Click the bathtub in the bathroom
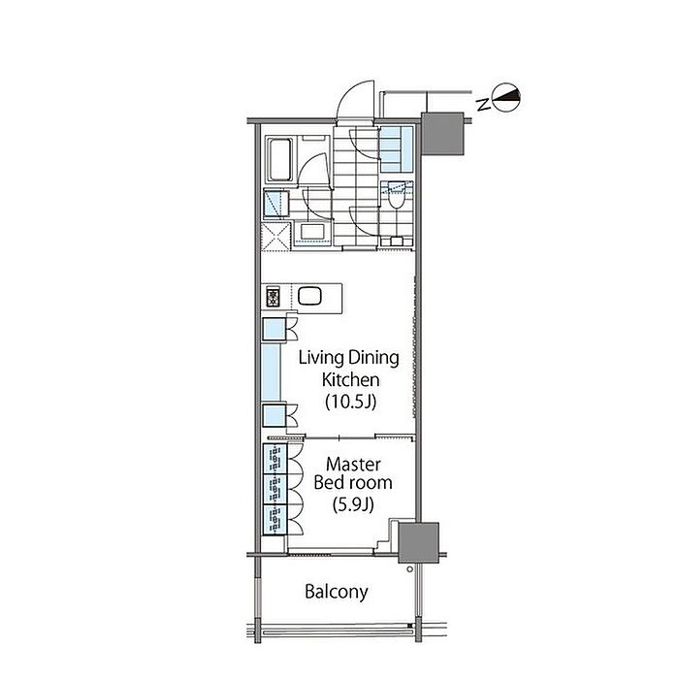pyautogui.click(x=279, y=159)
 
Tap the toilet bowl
pyautogui.click(x=396, y=198)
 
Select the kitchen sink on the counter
pyautogui.click(x=309, y=297)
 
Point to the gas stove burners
pyautogui.click(x=273, y=297)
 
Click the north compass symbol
pyautogui.click(x=506, y=97)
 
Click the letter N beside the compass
pyautogui.click(x=483, y=104)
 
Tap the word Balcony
pyautogui.click(x=337, y=592)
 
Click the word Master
pyautogui.click(x=353, y=465)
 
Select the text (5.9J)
pyautogui.click(x=353, y=504)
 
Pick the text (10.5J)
pyautogui.click(x=351, y=402)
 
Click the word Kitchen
pyautogui.click(x=351, y=380)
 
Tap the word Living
pyautogui.click(x=321, y=359)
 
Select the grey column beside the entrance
pyautogui.click(x=442, y=134)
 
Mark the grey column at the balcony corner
pyautogui.click(x=418, y=542)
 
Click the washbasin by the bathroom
pyautogui.click(x=312, y=232)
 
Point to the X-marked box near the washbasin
pyautogui.click(x=275, y=237)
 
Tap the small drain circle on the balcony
pyautogui.click(x=409, y=569)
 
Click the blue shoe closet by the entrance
pyautogui.click(x=397, y=149)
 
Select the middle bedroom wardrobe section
pyautogui.click(x=275, y=489)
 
